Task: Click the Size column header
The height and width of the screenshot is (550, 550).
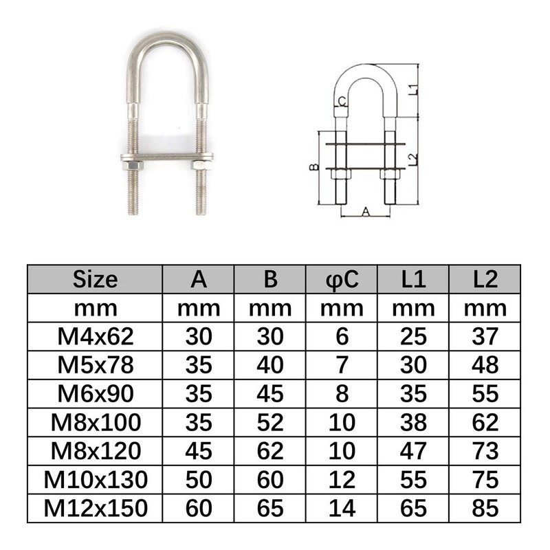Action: point(95,280)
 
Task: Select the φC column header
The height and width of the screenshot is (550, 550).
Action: point(342,280)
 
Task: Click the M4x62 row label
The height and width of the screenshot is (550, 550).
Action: point(95,336)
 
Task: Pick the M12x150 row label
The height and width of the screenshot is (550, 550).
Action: point(95,507)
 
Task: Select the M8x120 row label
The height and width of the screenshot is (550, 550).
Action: point(95,450)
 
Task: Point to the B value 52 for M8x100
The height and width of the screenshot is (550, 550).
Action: point(270,422)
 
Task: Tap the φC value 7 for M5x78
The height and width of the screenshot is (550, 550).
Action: point(342,365)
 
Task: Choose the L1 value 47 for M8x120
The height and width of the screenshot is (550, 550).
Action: point(413,450)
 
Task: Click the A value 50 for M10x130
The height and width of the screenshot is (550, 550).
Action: point(199,479)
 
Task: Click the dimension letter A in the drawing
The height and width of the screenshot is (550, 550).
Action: point(366,213)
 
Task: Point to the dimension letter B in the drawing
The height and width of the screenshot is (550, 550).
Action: point(312,167)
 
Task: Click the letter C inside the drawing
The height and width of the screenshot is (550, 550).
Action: point(342,102)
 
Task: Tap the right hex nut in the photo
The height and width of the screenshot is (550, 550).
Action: point(200,164)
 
